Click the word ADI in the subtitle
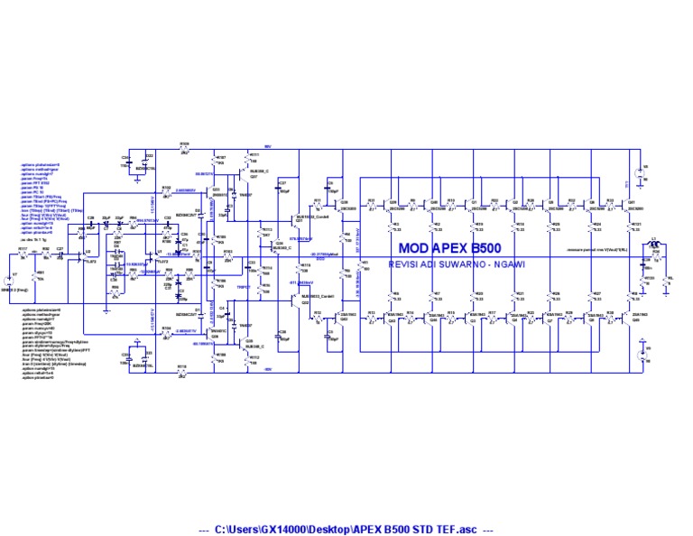coord(435,263)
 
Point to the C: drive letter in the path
coord(219,529)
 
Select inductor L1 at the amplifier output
coord(656,243)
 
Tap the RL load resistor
coord(668,282)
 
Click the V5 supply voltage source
coord(642,170)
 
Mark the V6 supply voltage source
coord(642,353)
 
